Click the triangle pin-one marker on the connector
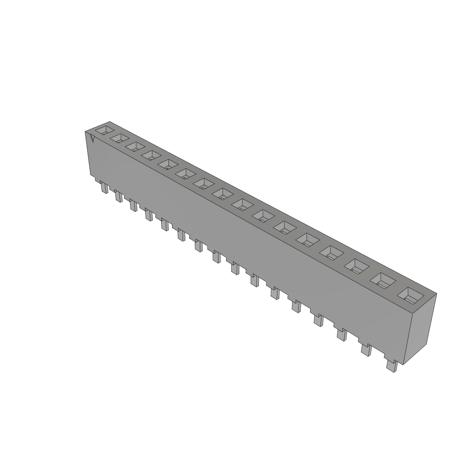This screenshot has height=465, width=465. (x=92, y=138)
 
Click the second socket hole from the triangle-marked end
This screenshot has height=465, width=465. (x=120, y=138)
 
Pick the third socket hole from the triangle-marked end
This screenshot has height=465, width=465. (x=135, y=146)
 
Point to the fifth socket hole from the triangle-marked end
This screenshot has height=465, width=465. (x=168, y=164)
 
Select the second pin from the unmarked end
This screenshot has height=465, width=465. (x=366, y=350)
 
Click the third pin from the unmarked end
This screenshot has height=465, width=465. (x=341, y=335)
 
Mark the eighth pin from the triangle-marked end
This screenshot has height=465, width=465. (x=216, y=257)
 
